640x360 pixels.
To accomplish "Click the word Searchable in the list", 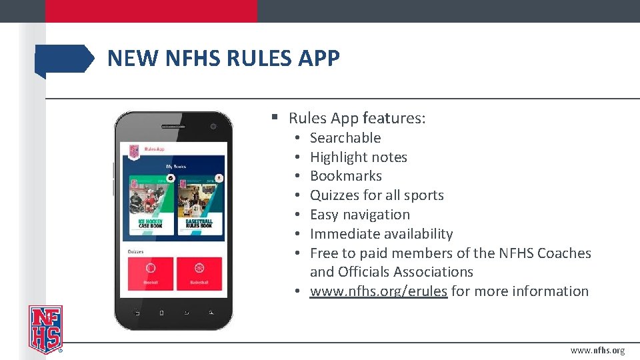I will coord(345,138).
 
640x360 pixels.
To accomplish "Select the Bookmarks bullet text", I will coord(346,176).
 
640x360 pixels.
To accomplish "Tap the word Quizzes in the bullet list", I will coord(334,195).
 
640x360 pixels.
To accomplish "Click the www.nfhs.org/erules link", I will coord(378,291).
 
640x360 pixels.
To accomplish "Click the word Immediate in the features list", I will coord(341,234).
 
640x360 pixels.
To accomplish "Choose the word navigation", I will coord(378,215).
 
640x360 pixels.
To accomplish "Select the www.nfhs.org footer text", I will coord(597,351).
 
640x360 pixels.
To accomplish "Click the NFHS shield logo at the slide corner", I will coord(45,329).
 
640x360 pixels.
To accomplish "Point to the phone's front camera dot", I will coord(213,126).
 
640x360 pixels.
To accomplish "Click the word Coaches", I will coord(564,253).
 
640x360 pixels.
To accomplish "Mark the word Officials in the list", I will coord(365,272).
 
